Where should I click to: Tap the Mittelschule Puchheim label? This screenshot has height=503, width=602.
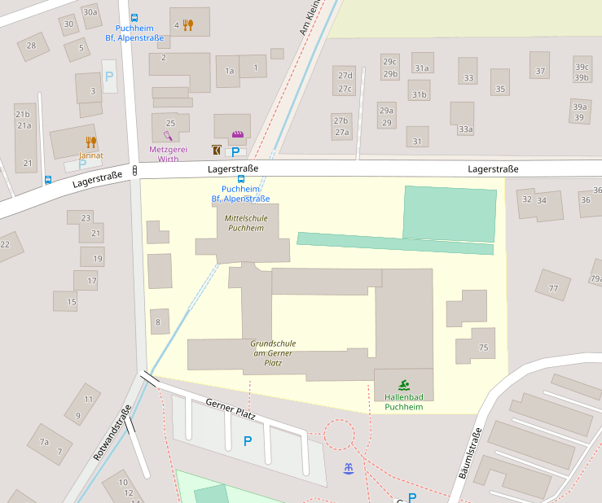coord(245,223)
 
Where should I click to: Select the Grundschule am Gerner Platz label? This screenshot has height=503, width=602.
coord(272,353)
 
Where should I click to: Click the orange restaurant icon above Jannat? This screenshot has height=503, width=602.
coord(90,142)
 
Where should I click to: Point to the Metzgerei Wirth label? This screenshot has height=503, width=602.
coord(168,154)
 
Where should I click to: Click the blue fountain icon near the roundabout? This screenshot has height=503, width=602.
coord(349,468)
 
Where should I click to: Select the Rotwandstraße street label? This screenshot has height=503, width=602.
coord(112,434)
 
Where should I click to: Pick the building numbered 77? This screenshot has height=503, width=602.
coord(553,288)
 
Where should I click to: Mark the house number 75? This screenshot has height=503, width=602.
coord(483,348)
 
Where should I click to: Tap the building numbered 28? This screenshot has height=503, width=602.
coord(32,46)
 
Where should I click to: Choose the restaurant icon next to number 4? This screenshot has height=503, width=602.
coord(188,25)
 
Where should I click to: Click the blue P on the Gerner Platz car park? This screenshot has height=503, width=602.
coord(248,441)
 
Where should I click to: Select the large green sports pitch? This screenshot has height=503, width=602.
coord(449,212)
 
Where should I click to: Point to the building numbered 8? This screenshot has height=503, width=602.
coord(158,322)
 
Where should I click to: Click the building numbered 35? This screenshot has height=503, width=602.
coord(500,89)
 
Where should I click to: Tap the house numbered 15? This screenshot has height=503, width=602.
coord(71,302)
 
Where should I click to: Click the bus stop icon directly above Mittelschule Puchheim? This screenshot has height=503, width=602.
coord(240,179)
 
